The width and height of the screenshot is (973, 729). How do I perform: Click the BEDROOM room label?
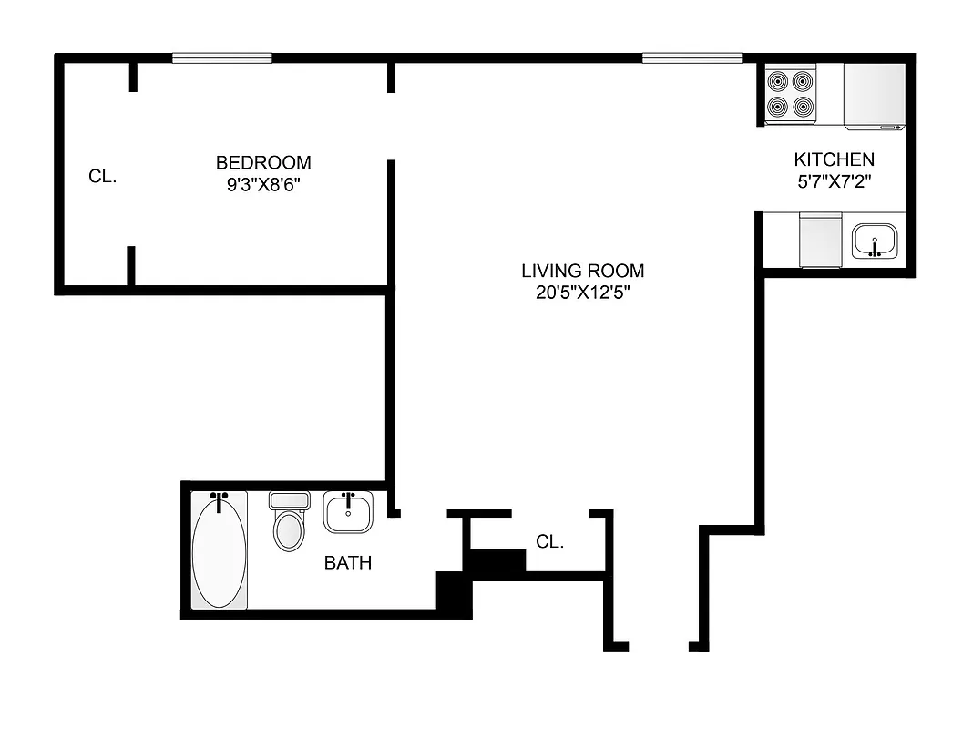point(263,163)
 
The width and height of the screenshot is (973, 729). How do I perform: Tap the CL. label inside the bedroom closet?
point(102,177)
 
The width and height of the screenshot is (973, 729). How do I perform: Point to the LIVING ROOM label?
point(582,271)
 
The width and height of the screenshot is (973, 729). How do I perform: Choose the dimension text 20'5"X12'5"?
point(582,293)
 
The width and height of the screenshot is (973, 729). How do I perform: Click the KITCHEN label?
point(834,159)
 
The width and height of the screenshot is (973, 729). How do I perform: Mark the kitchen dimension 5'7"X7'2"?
point(834,180)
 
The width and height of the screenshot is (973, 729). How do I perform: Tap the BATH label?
point(348,563)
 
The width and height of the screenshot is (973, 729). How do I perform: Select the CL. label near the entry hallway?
point(549,542)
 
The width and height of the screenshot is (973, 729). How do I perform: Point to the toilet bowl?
point(291,530)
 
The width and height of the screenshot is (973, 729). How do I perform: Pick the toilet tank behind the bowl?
point(291,500)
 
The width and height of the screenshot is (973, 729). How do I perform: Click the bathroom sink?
point(347,514)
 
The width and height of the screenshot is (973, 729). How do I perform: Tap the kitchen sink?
point(875,242)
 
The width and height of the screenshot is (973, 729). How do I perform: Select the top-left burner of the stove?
point(777,81)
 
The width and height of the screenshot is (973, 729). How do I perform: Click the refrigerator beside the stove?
point(874,94)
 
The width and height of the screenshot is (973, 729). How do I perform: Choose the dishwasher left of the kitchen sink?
point(820,241)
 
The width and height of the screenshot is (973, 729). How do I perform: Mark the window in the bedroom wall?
point(222,58)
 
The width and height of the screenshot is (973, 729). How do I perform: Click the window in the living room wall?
point(691,58)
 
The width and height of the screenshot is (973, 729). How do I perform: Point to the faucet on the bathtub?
point(219,501)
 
